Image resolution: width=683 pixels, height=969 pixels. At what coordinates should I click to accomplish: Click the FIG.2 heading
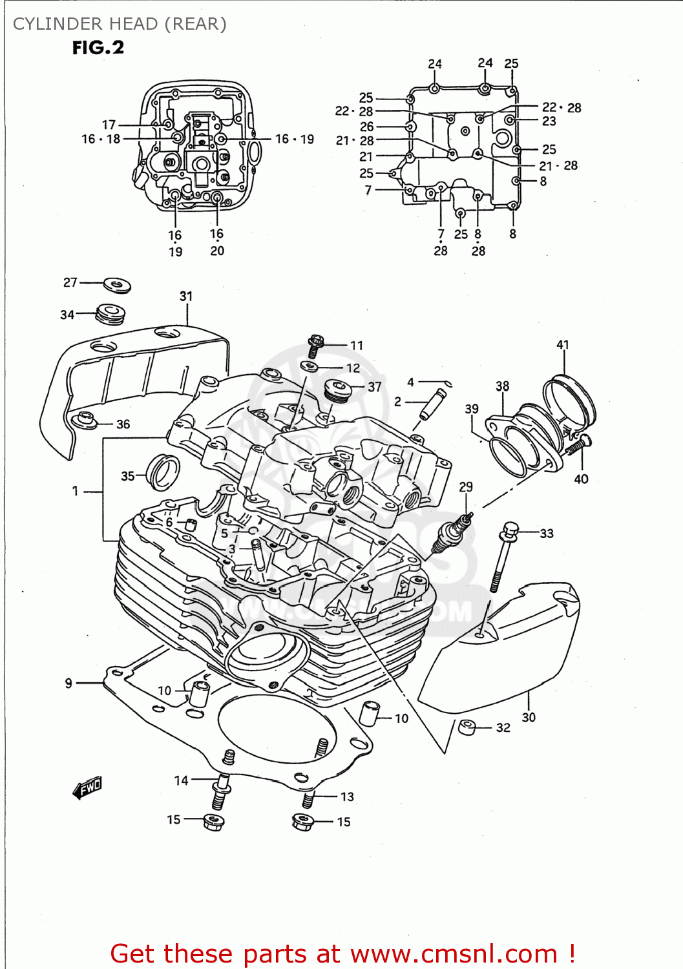tap(98, 48)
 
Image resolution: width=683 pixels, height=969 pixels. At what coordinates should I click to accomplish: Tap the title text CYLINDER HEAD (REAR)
tap(120, 24)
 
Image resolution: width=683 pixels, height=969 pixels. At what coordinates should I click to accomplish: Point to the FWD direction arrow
tap(87, 787)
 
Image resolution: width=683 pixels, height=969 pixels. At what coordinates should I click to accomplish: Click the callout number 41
tap(563, 345)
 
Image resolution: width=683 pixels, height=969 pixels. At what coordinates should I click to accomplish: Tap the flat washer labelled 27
tap(116, 284)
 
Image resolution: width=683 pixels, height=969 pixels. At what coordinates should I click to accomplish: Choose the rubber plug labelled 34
tap(110, 314)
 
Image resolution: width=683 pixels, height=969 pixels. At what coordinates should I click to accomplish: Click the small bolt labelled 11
tap(316, 345)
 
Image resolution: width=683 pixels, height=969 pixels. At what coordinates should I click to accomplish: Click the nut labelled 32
tap(467, 727)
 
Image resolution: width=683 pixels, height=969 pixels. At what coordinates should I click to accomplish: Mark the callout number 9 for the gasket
tap(68, 683)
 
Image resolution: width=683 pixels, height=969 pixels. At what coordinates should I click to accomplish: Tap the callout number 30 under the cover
tap(529, 717)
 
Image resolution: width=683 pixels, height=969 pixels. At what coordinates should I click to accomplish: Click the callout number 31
tap(186, 297)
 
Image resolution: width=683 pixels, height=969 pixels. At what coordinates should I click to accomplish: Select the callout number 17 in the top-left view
tap(109, 125)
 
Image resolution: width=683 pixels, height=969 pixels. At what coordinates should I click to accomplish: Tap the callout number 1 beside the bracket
tap(76, 491)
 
